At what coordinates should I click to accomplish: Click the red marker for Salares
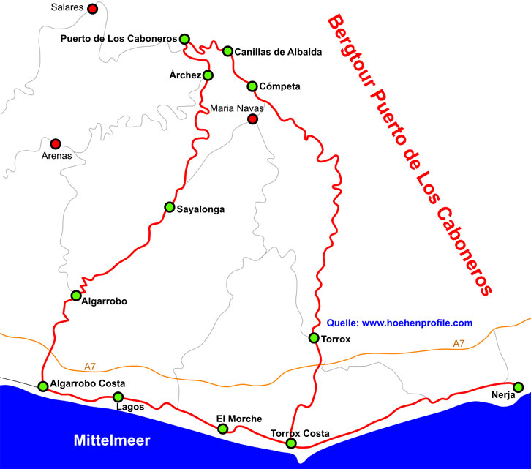click(92, 9)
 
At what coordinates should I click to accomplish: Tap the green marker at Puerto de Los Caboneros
click(184, 39)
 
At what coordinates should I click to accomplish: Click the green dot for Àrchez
click(208, 75)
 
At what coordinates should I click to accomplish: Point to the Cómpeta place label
click(280, 86)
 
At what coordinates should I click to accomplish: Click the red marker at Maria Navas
click(252, 119)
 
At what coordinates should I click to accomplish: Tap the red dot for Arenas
click(56, 143)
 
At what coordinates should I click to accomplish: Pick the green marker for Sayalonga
click(170, 207)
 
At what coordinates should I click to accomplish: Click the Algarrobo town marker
click(76, 296)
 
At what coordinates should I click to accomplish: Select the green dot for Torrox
click(314, 338)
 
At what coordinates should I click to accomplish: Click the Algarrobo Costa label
click(88, 383)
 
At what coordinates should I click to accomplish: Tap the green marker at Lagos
click(118, 397)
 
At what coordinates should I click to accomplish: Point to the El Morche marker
click(223, 429)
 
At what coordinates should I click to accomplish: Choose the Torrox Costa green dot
click(291, 443)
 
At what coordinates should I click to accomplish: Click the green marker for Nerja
click(519, 386)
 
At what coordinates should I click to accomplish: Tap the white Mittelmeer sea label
click(112, 440)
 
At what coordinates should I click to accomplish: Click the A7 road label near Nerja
click(459, 343)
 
